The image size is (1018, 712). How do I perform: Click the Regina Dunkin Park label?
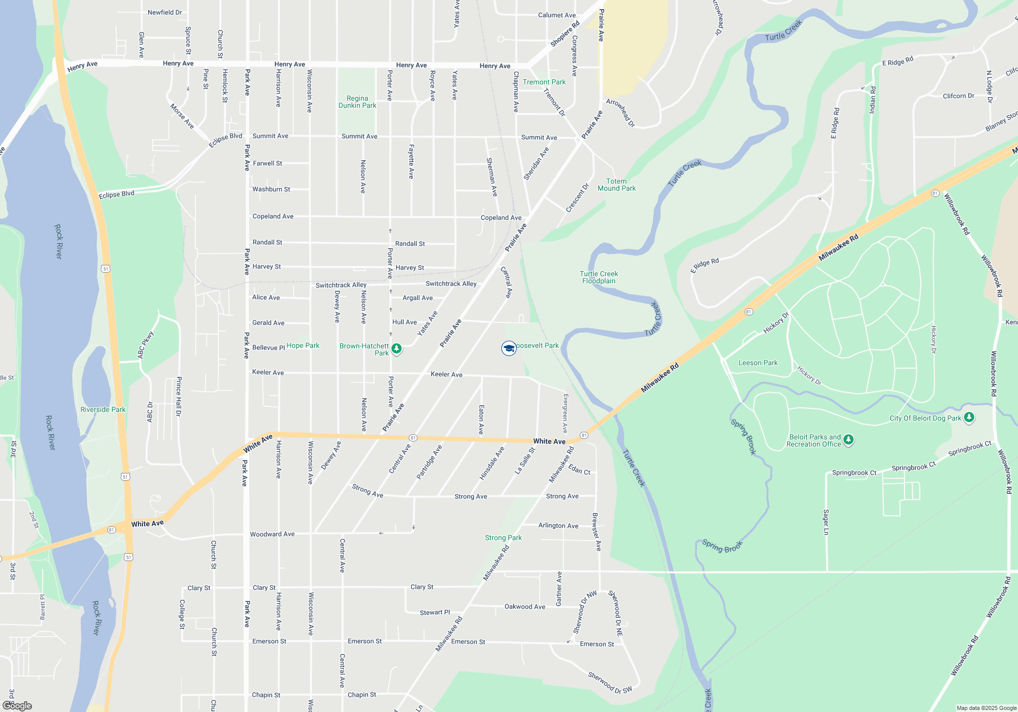point(357,102)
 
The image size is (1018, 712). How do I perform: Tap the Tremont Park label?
point(544,82)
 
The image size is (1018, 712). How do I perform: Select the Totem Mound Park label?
point(616,185)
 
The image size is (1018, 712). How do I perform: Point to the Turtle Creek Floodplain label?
point(599,277)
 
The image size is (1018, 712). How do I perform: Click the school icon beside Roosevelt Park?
point(508,348)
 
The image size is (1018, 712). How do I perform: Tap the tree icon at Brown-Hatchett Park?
point(397,349)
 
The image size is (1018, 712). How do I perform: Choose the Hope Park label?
point(303,345)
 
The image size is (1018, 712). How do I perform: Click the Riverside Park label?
point(103,409)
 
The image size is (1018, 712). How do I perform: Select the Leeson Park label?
point(758,363)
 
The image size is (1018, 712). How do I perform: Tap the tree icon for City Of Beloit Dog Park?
point(969,418)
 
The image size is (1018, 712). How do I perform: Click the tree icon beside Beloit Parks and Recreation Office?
point(848,439)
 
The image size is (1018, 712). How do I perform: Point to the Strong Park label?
point(503,538)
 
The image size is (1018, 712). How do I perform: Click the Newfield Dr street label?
point(164,12)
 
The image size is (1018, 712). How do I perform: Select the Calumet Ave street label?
point(557,15)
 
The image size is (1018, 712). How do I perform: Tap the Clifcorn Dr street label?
point(958,96)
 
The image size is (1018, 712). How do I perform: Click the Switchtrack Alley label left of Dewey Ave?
point(341,285)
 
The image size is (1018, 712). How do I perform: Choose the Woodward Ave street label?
point(272,534)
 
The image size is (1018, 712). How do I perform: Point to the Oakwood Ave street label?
point(524,606)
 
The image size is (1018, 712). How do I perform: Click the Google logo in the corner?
point(17,705)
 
